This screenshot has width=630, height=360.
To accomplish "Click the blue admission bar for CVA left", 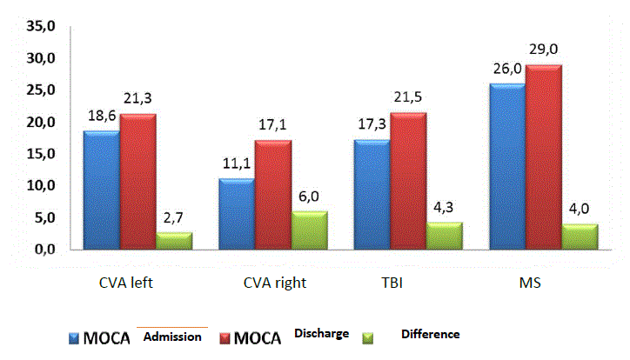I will pos(101,190).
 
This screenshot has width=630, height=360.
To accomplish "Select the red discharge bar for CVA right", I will pos(272,196).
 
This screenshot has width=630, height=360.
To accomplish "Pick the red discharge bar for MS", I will pos(543,157).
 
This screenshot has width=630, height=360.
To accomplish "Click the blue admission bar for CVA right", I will pos(236,215).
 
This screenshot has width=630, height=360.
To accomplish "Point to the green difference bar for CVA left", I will pos(174,241).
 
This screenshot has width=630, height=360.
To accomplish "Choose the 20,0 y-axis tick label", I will pos(40,123).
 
